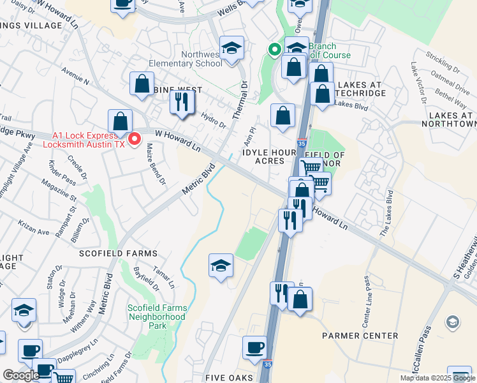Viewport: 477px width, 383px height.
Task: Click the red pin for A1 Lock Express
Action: click(135, 139)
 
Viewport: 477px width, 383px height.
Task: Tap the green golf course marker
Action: click(275, 49)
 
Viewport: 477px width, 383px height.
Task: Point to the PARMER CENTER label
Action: click(360, 336)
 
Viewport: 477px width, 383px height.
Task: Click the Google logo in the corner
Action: click(20, 375)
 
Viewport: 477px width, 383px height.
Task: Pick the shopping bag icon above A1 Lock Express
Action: click(119, 120)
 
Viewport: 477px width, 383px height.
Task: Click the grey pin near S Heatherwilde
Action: click(452, 321)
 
